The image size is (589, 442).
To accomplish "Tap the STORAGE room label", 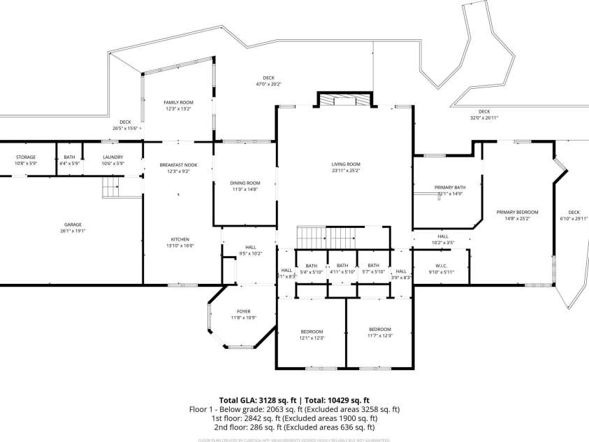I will [25, 157].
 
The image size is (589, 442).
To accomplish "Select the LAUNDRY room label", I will [112, 157].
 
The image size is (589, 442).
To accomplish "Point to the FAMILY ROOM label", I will [178, 102].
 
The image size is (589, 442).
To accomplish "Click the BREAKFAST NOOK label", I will [178, 164].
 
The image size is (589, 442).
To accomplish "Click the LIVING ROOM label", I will [346, 164].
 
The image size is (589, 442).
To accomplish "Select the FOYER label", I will [244, 311].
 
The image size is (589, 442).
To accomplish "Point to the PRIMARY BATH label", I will [449, 187].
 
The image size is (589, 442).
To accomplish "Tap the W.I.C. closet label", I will [440, 265].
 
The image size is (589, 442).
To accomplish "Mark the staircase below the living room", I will [328, 236].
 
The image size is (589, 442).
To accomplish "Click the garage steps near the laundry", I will [111, 187].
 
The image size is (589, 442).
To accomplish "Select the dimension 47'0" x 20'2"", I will [268, 84].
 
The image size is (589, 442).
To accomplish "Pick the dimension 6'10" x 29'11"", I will [574, 218].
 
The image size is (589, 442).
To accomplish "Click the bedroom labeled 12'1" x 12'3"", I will [312, 334].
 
